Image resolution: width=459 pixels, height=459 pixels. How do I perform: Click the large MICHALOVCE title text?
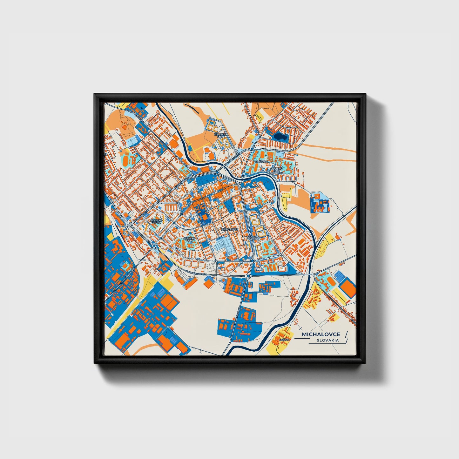click(x=321, y=334)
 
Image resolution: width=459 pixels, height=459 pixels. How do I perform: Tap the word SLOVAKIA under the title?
click(x=327, y=340)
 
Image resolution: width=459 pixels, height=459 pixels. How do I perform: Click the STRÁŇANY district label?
click(x=260, y=162)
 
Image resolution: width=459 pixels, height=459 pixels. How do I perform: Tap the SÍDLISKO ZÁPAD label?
click(x=157, y=221)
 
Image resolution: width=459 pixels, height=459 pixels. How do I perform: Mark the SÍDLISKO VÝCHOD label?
click(x=253, y=238)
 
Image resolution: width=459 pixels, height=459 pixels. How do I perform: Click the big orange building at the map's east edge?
click(x=348, y=289)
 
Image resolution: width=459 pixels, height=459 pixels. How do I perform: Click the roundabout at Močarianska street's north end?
click(x=154, y=246)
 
